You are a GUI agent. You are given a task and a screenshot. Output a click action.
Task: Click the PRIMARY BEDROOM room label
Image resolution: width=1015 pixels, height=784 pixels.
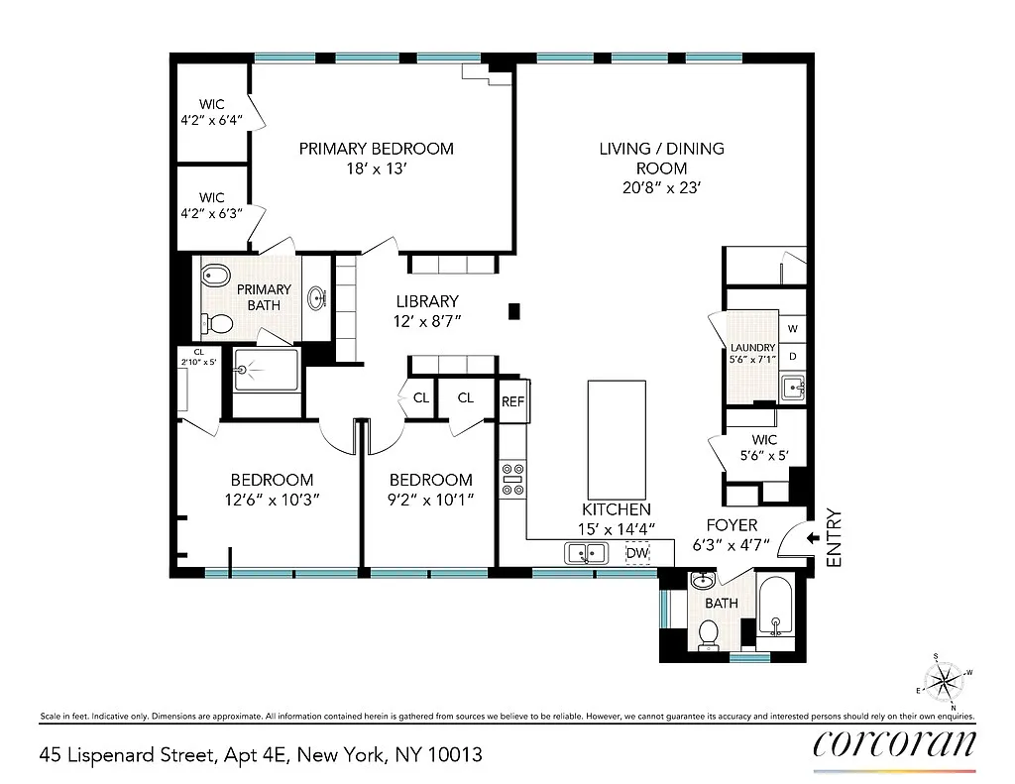(376, 149)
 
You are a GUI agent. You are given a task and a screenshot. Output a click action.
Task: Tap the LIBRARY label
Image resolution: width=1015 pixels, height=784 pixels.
(427, 301)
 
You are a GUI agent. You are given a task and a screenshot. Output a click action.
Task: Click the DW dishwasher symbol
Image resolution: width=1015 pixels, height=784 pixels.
(637, 553)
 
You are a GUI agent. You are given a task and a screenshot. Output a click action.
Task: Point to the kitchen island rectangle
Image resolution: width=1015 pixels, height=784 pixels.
(617, 440)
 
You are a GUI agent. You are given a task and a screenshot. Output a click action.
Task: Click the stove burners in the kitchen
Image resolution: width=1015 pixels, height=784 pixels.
(513, 479)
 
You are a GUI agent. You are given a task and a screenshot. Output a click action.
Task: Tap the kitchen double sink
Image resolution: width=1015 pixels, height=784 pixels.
(587, 553)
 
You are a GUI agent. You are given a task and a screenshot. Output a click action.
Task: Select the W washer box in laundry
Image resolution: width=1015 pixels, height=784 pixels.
(792, 329)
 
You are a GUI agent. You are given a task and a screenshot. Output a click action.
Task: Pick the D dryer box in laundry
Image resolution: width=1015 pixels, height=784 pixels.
(792, 357)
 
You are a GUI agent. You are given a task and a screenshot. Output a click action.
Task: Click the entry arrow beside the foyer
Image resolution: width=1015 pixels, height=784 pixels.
(813, 538)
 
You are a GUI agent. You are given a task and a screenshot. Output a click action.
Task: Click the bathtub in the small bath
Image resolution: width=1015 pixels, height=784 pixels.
(775, 612)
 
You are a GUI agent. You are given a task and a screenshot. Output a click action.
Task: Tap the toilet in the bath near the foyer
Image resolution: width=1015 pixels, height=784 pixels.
(709, 634)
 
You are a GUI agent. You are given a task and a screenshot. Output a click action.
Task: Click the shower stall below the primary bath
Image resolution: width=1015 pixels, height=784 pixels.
(267, 371)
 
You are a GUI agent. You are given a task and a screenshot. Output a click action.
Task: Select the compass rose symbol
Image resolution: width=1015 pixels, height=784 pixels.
(945, 682)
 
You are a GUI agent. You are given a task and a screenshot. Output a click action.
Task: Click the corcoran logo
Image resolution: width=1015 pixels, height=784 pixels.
(895, 744)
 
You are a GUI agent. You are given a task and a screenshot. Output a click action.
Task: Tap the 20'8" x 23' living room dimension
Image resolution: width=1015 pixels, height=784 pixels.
(661, 187)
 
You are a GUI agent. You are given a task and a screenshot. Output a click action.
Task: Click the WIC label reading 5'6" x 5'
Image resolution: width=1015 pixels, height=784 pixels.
(764, 447)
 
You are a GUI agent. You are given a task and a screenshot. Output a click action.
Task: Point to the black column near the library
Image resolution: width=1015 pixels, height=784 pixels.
(514, 311)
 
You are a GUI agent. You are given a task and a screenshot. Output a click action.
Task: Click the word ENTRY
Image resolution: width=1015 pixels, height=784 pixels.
(835, 538)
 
